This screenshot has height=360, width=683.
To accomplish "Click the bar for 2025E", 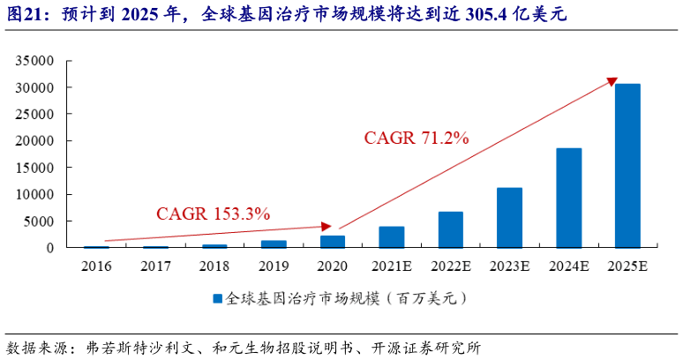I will click(x=627, y=166).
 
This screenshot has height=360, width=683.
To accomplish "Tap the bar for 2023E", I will click(x=509, y=217).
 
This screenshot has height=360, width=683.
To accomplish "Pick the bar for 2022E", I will click(x=450, y=229).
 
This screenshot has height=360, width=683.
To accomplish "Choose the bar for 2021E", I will click(x=392, y=236).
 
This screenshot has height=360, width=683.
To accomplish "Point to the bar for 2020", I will click(x=333, y=241).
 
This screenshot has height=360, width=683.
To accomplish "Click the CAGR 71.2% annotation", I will click(x=417, y=138).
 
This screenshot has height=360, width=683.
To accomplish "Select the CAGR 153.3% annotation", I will click(x=213, y=214).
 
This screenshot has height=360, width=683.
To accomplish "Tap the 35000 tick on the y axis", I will click(x=35, y=61).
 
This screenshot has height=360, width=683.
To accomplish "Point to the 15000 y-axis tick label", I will click(x=35, y=168).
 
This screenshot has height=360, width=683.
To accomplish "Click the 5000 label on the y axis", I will click(x=39, y=221).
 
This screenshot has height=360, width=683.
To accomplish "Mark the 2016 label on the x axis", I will click(x=97, y=264).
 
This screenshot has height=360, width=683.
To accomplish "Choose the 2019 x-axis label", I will click(x=274, y=264).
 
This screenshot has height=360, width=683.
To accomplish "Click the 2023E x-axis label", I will click(x=509, y=264).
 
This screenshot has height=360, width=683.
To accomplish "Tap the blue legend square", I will click(x=216, y=298).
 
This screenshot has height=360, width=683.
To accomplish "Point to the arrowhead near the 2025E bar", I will click(x=611, y=82).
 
